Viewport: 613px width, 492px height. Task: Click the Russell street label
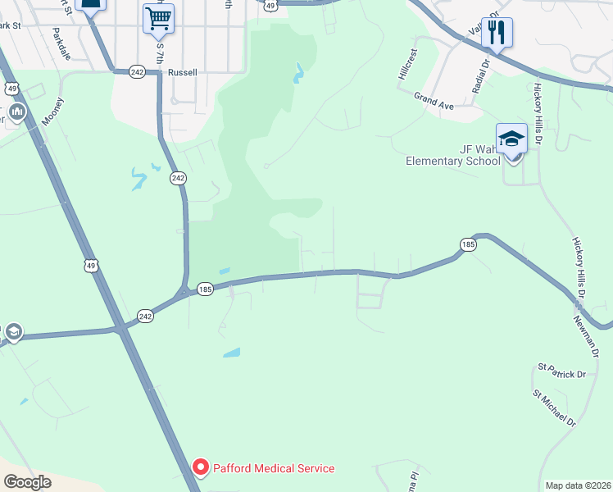pyautogui.click(x=182, y=72)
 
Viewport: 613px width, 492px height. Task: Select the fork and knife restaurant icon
pyautogui.click(x=496, y=33)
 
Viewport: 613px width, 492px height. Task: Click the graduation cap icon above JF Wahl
pyautogui.click(x=511, y=138)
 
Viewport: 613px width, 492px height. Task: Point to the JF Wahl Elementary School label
pyautogui.click(x=453, y=155)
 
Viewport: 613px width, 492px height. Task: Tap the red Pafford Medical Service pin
pyautogui.click(x=200, y=468)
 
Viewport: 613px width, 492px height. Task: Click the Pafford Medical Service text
pyautogui.click(x=274, y=469)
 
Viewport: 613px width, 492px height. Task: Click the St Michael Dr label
pyautogui.click(x=555, y=408)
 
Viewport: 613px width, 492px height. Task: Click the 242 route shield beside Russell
pyautogui.click(x=137, y=72)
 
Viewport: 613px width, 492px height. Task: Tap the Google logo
pyautogui.click(x=27, y=482)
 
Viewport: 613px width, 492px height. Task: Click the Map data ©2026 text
pyautogui.click(x=578, y=485)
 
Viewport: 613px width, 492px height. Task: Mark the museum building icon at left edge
pyautogui.click(x=16, y=112)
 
